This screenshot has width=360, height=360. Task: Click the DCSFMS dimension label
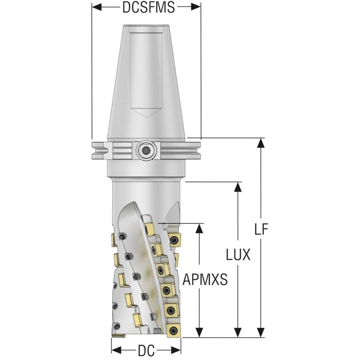coord(146,7)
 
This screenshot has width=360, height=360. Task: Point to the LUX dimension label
coord(238,255)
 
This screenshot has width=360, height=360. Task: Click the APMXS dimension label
coord(205,280)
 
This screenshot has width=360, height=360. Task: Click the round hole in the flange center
coord(146,150)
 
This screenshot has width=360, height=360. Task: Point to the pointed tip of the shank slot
coord(146,118)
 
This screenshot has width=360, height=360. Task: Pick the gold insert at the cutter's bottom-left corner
coord(119,335)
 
